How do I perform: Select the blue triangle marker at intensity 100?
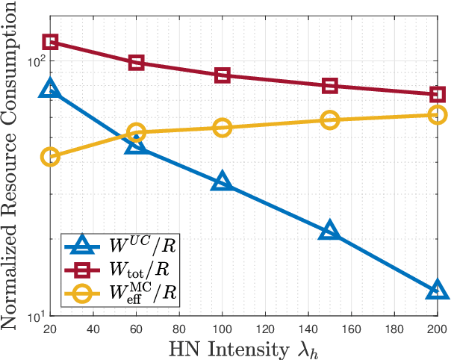pos(222,181)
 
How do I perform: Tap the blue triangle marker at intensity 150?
pos(329,231)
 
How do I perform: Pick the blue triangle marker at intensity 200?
pos(437,290)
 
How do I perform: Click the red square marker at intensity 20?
pos(50,42)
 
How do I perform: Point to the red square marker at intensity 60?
pos(136,63)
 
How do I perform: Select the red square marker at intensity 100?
pos(222,75)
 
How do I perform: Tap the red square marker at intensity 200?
pos(437,95)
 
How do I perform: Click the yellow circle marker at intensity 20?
pos(50,156)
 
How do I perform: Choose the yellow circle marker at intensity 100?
pos(222,128)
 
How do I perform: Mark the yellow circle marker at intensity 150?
pos(329,120)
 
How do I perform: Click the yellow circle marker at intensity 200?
pos(437,114)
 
